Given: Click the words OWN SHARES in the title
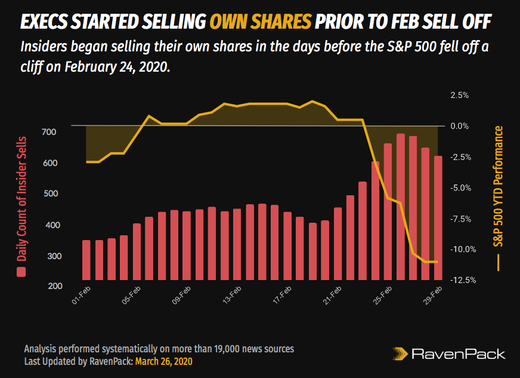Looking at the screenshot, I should (x=260, y=22).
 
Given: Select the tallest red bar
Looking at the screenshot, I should (x=400, y=207).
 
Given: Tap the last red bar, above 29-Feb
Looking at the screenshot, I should (x=438, y=218).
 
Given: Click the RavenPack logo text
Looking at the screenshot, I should (x=459, y=354).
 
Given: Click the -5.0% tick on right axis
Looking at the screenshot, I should (x=460, y=188).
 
